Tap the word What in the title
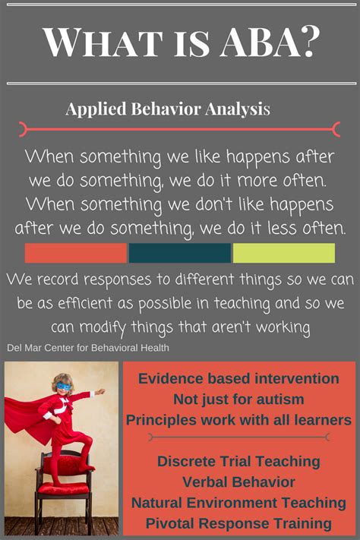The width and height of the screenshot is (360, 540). (x=96, y=43)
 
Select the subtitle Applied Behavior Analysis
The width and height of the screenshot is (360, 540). (x=167, y=109)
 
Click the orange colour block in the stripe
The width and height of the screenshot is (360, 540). (x=75, y=253)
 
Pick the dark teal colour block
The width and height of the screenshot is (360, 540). (x=179, y=253)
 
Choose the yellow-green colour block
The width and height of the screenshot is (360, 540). (x=283, y=253)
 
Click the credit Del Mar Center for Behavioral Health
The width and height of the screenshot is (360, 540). (x=87, y=348)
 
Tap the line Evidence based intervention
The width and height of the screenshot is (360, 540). (x=239, y=379)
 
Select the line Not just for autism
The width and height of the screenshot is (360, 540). (x=239, y=399)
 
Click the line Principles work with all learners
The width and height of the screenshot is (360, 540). (x=239, y=420)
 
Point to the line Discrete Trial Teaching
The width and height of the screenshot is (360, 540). (x=239, y=461)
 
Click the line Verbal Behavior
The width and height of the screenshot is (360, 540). (x=239, y=482)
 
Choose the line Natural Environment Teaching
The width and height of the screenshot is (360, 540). (x=239, y=502)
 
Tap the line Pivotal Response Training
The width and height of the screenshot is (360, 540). (x=239, y=523)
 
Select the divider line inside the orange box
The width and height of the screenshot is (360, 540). (x=239, y=437)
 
